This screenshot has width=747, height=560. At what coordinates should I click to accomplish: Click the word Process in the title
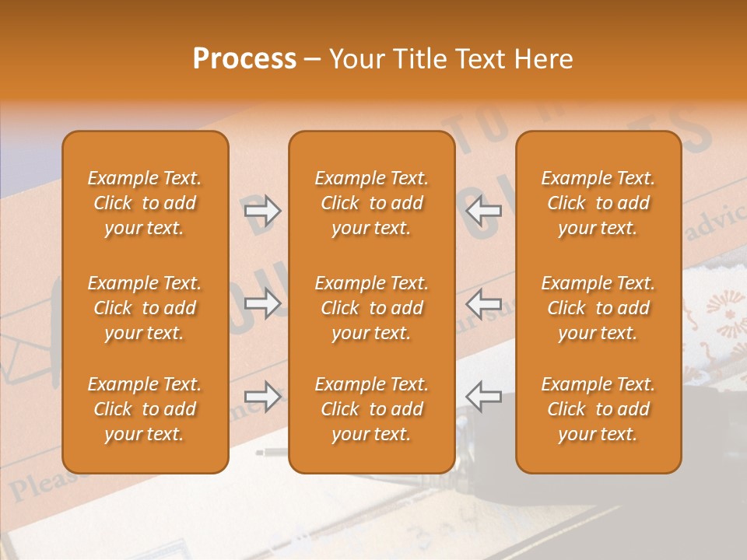pos(244,59)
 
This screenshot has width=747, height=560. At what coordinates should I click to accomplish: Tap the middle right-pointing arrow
pos(262,303)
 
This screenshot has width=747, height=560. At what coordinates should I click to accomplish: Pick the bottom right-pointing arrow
pos(262,397)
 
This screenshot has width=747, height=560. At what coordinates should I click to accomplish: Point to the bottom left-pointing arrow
pos(483,396)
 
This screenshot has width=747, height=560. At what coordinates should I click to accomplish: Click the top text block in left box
pos(145,203)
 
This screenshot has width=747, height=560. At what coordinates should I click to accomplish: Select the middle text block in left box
pos(145,308)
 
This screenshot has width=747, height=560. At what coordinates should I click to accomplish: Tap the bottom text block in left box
pos(145,409)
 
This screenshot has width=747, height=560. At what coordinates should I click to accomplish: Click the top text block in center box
pos(371,203)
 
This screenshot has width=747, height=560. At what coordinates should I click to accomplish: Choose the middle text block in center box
pos(371,308)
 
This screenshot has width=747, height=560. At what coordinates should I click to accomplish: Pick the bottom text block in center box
pos(371,409)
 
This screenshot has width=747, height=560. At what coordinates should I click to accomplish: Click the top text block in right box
pos(598,203)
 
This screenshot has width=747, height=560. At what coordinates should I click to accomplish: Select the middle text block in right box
pos(598,308)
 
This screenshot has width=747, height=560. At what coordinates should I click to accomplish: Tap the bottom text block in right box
pos(598,409)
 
